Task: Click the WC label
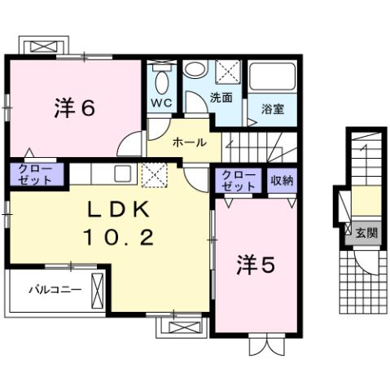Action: coord(160,103)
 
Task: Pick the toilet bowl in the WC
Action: coord(160,79)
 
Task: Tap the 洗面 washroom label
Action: coord(221,97)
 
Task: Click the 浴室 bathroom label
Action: coord(272,107)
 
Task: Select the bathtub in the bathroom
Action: coord(272,77)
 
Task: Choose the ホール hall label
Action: coord(189,142)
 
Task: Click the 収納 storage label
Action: coord(282,179)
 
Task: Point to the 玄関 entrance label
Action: coord(366,233)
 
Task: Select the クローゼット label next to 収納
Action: coord(238,180)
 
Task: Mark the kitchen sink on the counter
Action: coord(123,173)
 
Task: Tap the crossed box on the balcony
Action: coord(99,288)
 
